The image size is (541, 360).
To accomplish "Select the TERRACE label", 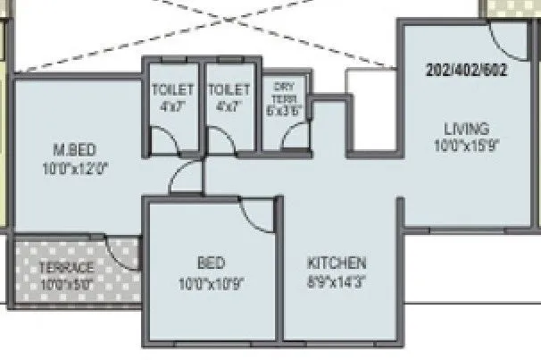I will (x=66, y=267).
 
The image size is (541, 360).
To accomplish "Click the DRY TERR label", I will (x=285, y=91).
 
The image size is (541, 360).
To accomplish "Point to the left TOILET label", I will (x=172, y=89).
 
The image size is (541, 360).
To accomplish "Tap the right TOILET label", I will (x=229, y=89).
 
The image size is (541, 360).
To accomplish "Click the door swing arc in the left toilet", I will (x=162, y=139).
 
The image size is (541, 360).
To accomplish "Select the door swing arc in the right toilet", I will (x=220, y=139).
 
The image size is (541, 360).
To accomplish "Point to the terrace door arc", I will (x=121, y=249).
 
